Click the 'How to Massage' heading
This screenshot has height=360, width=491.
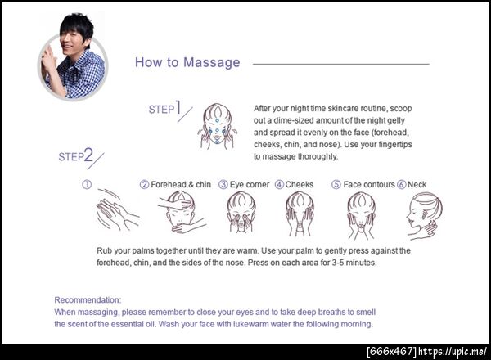[187, 62]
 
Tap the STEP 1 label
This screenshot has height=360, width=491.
[165, 108]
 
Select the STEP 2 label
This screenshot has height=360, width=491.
[76, 155]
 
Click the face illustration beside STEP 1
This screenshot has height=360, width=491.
[217, 126]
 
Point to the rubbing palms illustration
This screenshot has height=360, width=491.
[117, 209]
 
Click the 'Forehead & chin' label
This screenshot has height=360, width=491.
[181, 184]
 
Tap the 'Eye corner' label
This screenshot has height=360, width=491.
[250, 184]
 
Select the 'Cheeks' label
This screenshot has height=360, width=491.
[299, 184]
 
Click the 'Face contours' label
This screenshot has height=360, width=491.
[369, 184]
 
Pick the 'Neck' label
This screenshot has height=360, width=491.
[417, 184]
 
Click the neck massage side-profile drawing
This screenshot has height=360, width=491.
[424, 216]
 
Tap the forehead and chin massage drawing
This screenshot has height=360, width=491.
[182, 213]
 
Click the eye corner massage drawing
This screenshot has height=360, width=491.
[241, 213]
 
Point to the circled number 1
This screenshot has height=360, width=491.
[87, 184]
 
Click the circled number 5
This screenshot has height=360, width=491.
[336, 184]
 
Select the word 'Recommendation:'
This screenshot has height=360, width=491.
[88, 300]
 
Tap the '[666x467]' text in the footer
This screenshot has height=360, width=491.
[391, 351]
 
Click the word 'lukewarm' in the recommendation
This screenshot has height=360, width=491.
[251, 324]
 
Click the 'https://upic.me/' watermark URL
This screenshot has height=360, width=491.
[453, 351]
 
